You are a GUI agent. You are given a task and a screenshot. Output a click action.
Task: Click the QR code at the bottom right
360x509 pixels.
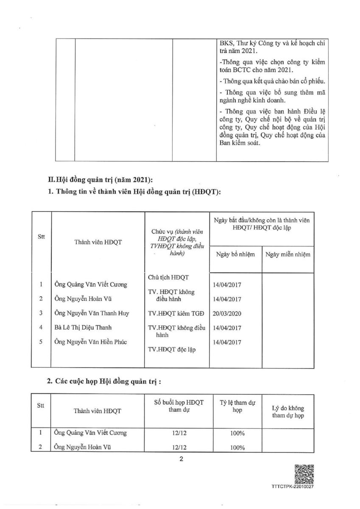(x=304, y=474)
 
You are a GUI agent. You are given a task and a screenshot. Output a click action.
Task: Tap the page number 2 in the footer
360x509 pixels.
(x=181, y=459)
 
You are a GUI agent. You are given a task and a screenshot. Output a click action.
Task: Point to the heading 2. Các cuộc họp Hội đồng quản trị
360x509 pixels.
(x=104, y=381)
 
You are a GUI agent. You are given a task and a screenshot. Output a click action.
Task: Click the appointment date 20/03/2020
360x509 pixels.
(x=228, y=313)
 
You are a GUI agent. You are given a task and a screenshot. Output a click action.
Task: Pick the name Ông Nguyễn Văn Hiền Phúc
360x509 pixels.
(x=92, y=342)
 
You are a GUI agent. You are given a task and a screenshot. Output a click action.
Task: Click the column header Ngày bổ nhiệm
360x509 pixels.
(x=235, y=255)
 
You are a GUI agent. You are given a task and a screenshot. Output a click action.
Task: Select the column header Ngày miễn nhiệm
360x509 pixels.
(x=287, y=255)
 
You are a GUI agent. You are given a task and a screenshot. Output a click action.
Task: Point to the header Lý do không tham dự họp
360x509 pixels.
(x=288, y=411)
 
